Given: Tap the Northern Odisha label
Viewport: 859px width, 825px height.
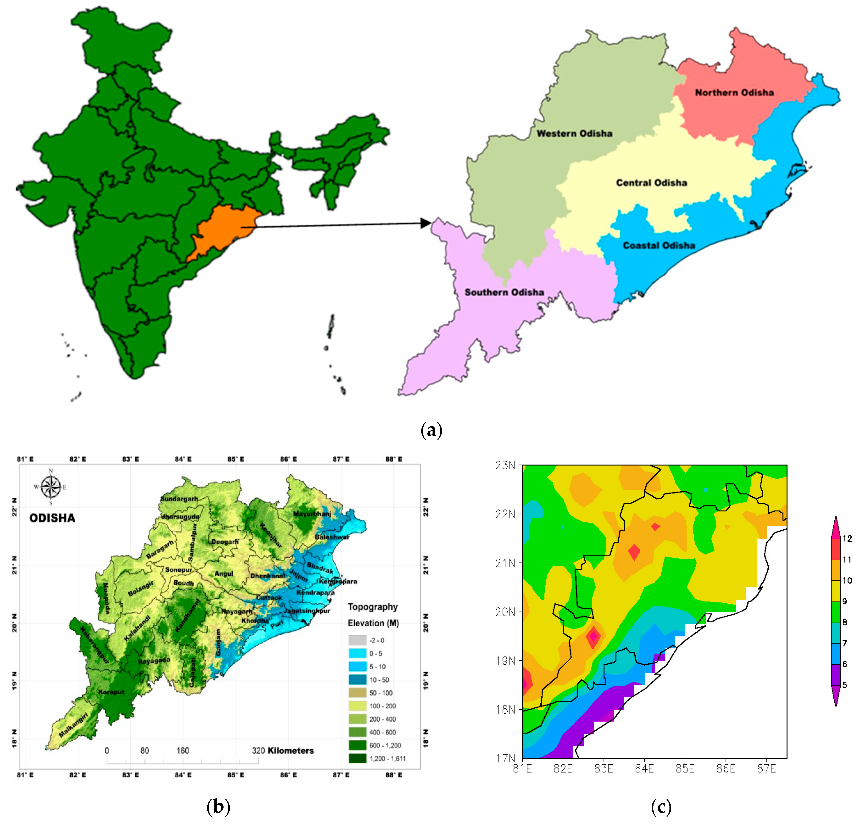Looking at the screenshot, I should tap(734, 92).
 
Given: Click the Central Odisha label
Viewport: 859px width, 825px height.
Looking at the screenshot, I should tap(651, 183).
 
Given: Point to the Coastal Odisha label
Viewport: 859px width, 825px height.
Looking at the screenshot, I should tap(659, 245).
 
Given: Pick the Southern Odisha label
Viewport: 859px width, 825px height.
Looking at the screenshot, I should tap(504, 292).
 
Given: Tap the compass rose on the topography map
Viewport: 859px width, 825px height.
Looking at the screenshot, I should tap(51, 487).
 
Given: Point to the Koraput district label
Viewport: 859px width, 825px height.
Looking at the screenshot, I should tap(111, 692).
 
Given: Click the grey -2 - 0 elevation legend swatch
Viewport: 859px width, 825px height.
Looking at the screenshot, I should tap(357, 640).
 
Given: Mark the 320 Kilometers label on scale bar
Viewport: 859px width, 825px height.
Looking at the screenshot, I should tap(283, 750).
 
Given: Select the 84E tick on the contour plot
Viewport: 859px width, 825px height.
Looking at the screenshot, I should tap(644, 768).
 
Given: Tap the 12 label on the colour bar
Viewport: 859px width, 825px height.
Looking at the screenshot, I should tap(847, 538).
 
